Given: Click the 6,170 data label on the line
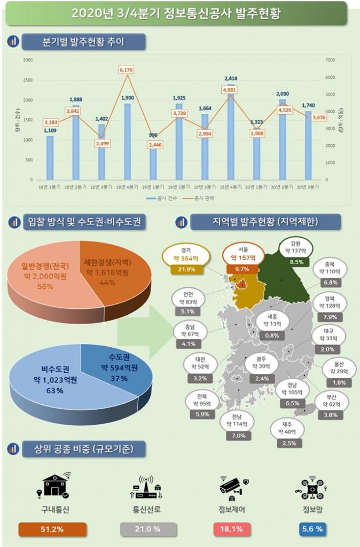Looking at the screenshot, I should pyautogui.click(x=126, y=70).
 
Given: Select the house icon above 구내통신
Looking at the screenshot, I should pyautogui.click(x=53, y=485).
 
